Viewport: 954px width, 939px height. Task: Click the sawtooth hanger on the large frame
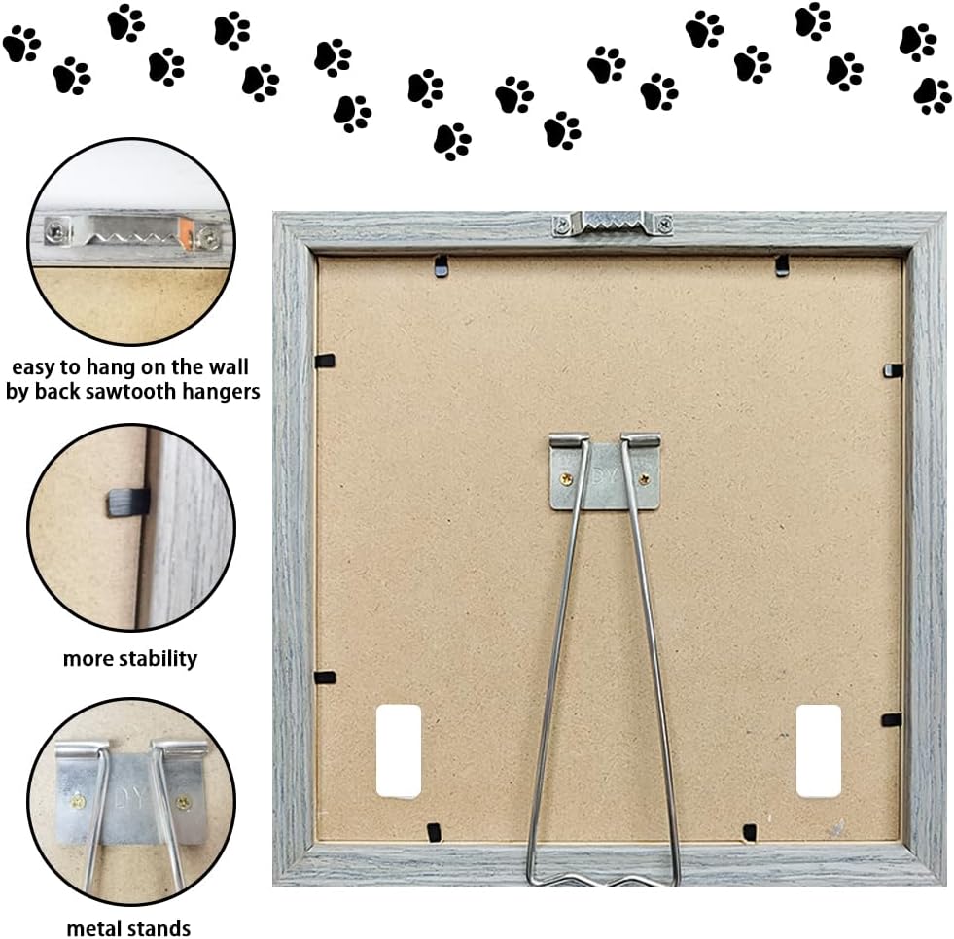tap(612, 224)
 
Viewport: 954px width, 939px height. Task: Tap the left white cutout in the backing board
tap(399, 751)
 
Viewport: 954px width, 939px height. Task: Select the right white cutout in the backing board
tap(819, 751)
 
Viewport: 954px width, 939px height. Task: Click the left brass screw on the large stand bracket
tap(566, 479)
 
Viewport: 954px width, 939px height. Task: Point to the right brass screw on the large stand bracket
tap(645, 479)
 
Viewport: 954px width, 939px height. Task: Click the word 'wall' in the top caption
tap(229, 366)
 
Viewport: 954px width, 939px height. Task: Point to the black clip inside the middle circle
tap(129, 503)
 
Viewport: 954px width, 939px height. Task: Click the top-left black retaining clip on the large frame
tap(442, 266)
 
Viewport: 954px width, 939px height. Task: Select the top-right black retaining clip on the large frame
tap(781, 265)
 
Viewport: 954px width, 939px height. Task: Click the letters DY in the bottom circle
tap(130, 798)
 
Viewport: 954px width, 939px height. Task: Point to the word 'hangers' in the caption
tap(222, 391)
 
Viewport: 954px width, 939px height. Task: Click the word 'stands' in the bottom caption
tap(159, 928)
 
